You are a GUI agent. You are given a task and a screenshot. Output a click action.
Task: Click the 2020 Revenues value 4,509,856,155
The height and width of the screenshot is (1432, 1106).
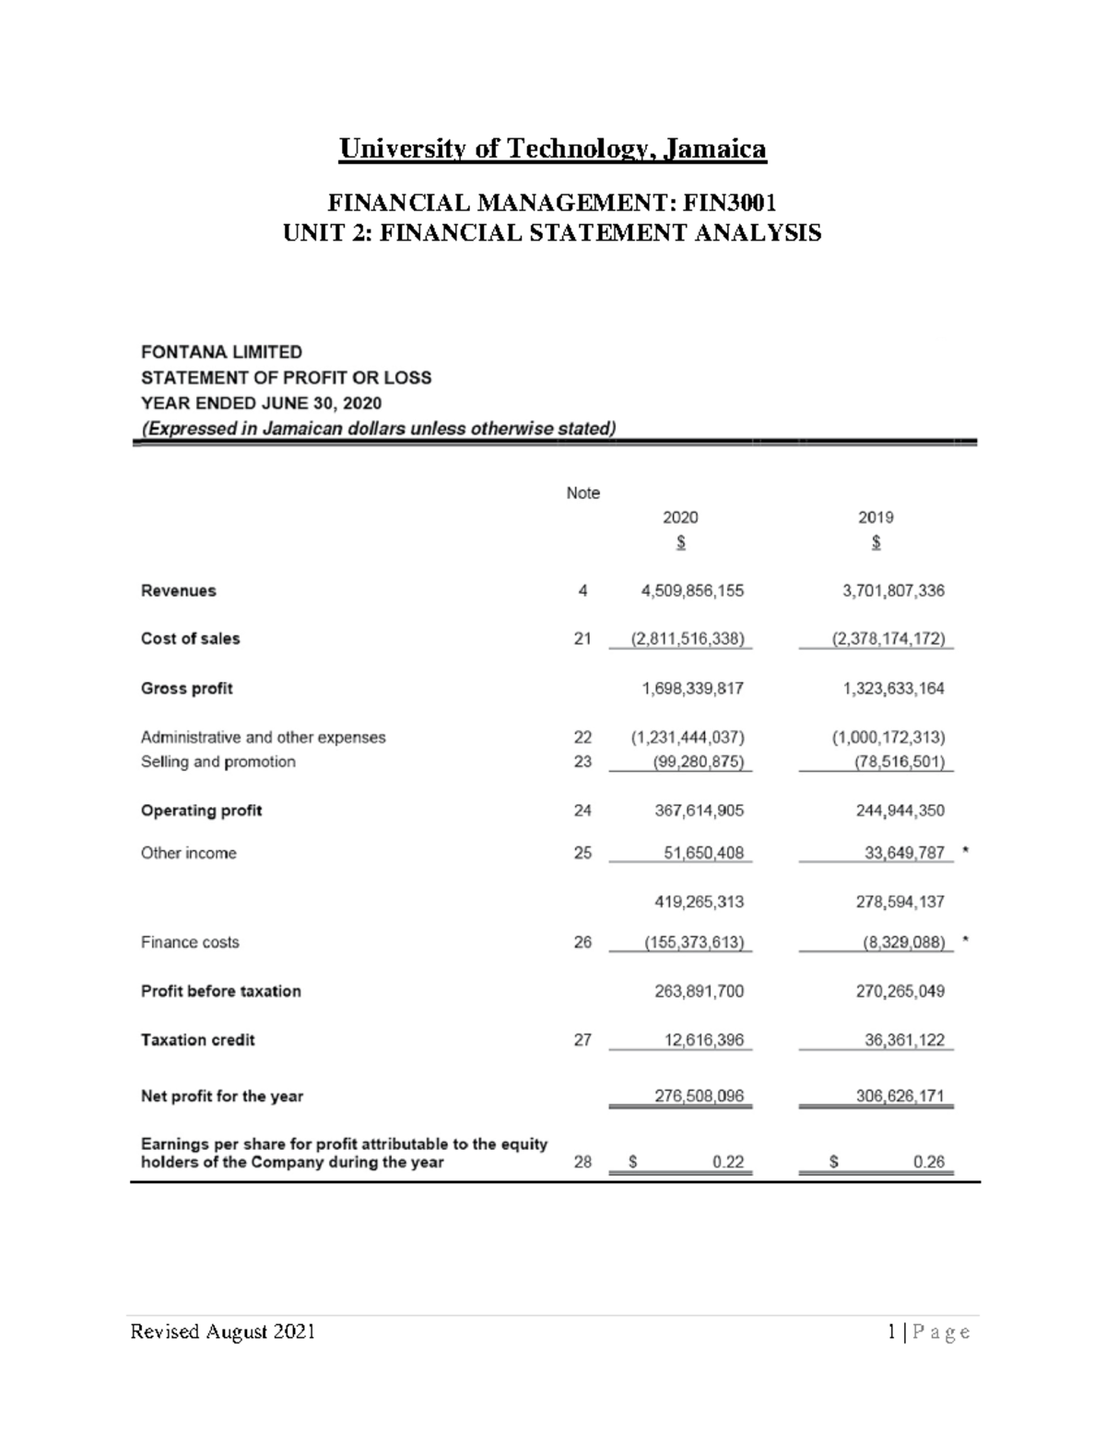tap(692, 591)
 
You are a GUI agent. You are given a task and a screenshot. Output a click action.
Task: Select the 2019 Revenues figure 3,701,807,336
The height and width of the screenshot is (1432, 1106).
tap(893, 591)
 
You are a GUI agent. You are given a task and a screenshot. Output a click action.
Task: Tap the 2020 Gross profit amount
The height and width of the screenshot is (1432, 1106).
tap(692, 689)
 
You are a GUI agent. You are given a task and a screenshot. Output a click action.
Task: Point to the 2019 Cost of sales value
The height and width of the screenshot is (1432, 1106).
tap(888, 639)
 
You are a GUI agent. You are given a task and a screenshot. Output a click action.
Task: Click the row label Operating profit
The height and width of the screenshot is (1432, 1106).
tap(201, 811)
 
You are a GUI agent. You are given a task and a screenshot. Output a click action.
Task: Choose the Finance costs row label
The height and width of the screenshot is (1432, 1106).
tap(190, 942)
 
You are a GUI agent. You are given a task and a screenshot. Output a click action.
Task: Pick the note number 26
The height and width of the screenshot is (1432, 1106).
tap(582, 942)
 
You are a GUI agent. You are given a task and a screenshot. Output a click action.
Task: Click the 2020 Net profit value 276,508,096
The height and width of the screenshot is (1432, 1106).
tap(698, 1096)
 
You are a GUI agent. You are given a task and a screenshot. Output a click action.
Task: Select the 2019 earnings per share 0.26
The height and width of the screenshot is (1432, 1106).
tap(929, 1163)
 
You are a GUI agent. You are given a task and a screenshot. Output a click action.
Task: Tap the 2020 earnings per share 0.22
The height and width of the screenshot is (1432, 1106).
tap(728, 1163)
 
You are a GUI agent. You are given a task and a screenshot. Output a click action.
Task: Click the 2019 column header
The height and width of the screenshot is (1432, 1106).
tap(876, 518)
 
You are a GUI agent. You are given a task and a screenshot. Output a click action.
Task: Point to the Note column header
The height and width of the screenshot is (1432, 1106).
tap(582, 493)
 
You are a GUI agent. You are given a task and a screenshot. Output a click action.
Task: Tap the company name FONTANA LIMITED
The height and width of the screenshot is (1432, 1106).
tap(221, 352)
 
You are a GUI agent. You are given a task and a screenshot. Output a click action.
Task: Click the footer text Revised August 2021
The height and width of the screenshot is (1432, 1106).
tap(223, 1331)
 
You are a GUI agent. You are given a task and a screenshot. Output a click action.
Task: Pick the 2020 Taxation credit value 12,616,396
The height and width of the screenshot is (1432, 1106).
tap(703, 1040)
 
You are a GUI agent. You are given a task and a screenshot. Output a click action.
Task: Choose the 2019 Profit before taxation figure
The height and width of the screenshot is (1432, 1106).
tap(893, 991)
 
